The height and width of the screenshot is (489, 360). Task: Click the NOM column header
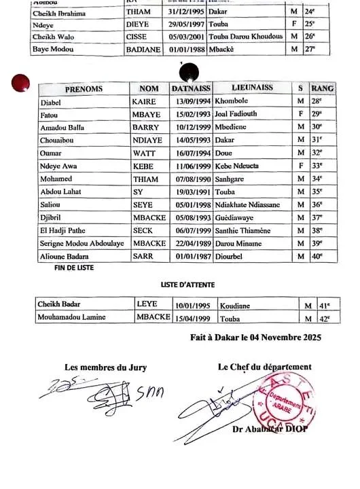click(148, 89)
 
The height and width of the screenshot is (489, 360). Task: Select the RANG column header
click(322, 89)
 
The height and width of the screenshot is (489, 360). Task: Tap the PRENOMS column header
click(84, 89)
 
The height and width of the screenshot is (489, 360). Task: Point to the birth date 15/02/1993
click(191, 114)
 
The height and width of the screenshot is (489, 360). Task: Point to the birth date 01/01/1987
click(191, 256)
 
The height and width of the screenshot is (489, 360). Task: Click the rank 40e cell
click(316, 256)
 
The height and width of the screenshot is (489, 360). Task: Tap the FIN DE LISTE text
click(74, 268)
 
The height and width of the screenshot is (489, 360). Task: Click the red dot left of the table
click(21, 84)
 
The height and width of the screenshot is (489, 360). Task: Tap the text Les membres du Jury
click(105, 367)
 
